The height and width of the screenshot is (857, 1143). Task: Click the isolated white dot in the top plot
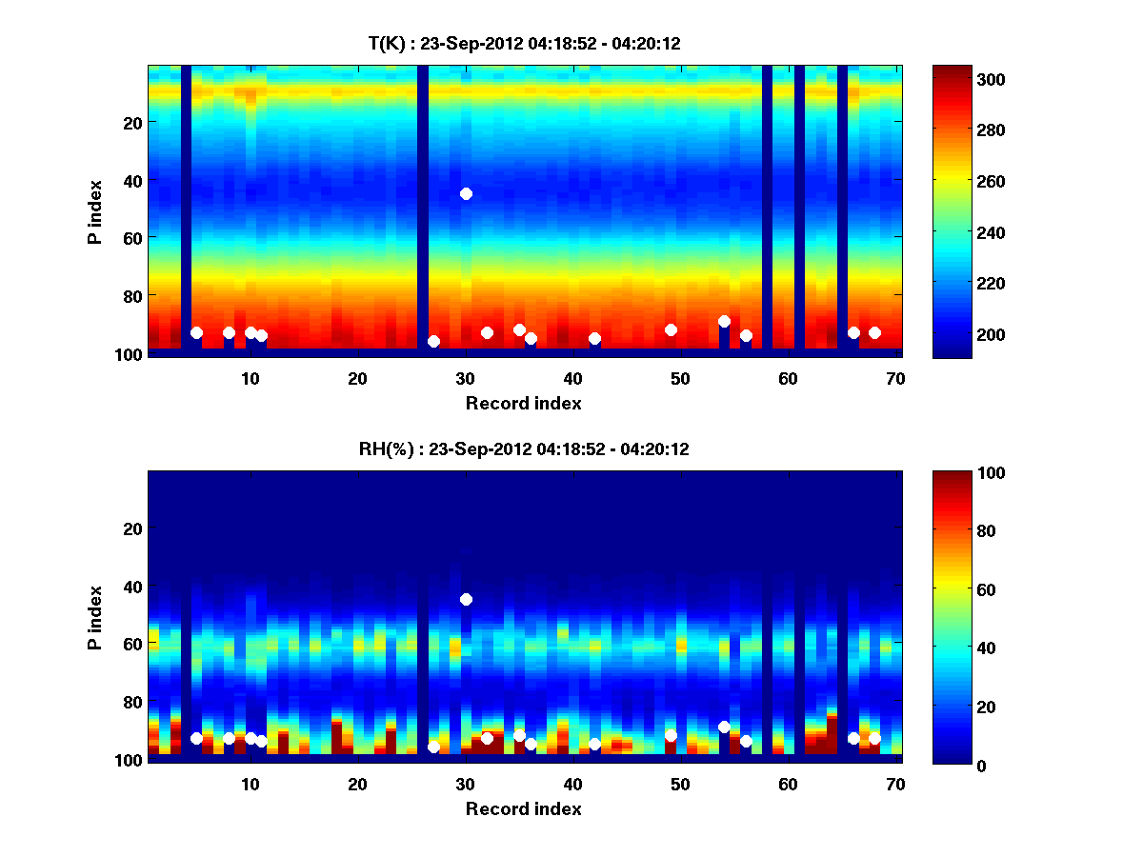click(466, 193)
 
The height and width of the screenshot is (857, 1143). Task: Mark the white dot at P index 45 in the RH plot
click(466, 599)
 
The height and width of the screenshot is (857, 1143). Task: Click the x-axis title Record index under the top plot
click(523, 403)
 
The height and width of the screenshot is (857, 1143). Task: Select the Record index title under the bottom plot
click(523, 808)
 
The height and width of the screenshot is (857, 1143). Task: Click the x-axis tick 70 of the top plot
click(895, 378)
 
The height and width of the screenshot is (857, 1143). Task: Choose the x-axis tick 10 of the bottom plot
click(250, 784)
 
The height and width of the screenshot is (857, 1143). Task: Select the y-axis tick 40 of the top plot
click(131, 180)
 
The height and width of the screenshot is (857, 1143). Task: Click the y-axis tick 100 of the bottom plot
click(128, 760)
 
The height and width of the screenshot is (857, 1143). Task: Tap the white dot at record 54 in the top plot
click(724, 322)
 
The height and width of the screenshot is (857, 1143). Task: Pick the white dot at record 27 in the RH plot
click(433, 747)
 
